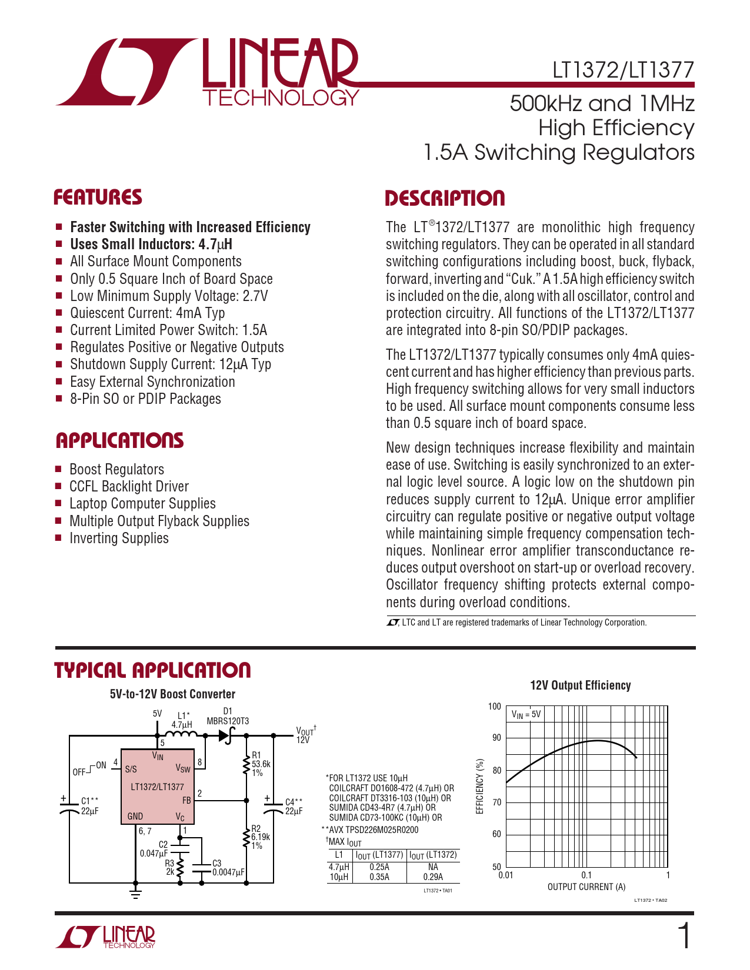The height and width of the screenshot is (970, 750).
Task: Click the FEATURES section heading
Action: point(98,197)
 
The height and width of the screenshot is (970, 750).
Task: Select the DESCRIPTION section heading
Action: point(445,198)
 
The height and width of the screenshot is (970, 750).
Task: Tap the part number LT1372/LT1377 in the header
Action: point(623,71)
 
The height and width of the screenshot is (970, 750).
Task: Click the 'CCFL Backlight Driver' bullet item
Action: point(129,487)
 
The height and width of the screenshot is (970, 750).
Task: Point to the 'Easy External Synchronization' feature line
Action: point(152,382)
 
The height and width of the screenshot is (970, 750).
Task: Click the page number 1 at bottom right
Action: point(684,936)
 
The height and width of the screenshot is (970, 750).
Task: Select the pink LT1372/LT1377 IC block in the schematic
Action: point(158,787)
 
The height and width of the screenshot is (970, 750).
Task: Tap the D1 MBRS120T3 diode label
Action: point(228,717)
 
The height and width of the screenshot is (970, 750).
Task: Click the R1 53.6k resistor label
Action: point(261,764)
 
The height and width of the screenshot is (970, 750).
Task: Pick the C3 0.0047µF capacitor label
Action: point(228,868)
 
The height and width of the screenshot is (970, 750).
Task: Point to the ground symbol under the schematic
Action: point(136,894)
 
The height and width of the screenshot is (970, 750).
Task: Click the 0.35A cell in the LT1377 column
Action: point(379,877)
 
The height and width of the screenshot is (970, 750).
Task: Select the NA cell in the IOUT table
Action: point(433,867)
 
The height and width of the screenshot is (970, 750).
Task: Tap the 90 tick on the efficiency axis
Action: point(496,738)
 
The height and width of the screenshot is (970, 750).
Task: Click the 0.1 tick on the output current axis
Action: point(586,875)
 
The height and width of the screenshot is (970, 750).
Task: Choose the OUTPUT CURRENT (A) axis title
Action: point(586,887)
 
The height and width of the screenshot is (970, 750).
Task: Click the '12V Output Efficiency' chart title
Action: point(580,685)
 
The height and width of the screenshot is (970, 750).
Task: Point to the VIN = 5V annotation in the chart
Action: point(525,715)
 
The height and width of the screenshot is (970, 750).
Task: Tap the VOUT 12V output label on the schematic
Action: point(305,735)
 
